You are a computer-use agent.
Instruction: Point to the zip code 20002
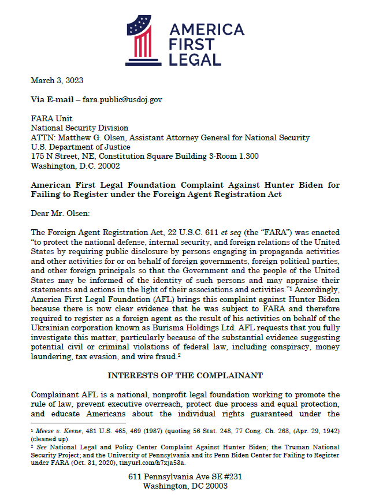(x=107, y=166)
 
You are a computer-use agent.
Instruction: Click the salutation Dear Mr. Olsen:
(x=60, y=213)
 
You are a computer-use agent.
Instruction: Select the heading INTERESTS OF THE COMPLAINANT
(x=185, y=375)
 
